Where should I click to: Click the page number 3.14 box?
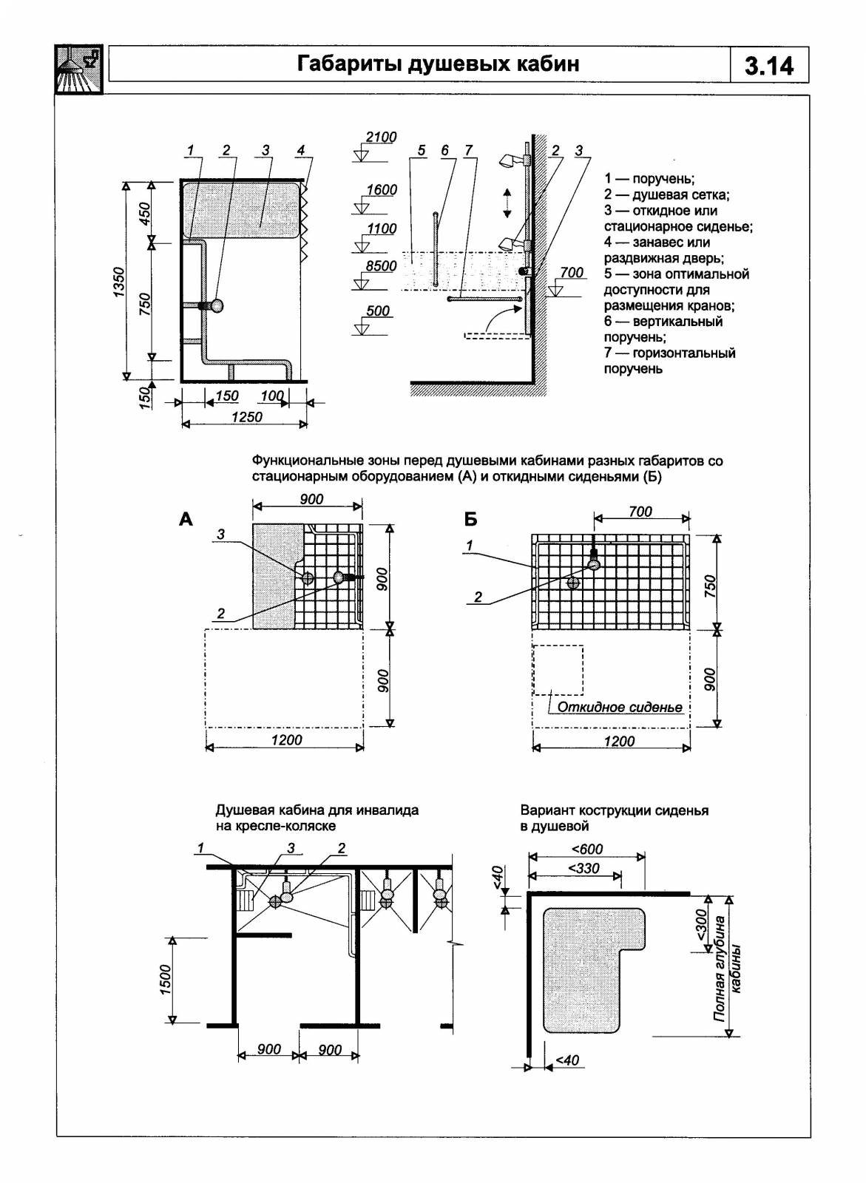[769, 67]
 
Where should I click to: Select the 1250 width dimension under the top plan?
[246, 417]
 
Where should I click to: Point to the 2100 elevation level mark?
[382, 138]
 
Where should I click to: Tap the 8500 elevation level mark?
[382, 266]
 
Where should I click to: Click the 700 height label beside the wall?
[572, 273]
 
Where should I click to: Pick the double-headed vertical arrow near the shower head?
[507, 202]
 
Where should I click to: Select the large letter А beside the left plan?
[186, 520]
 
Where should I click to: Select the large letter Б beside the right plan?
[471, 520]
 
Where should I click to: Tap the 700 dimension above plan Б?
[640, 512]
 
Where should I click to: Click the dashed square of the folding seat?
[558, 670]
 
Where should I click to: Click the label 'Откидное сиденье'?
[620, 707]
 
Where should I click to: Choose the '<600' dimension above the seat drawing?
[587, 848]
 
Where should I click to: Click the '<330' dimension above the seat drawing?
[584, 868]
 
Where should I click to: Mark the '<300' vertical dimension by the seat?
[701, 923]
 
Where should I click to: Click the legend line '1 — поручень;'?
[649, 178]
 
